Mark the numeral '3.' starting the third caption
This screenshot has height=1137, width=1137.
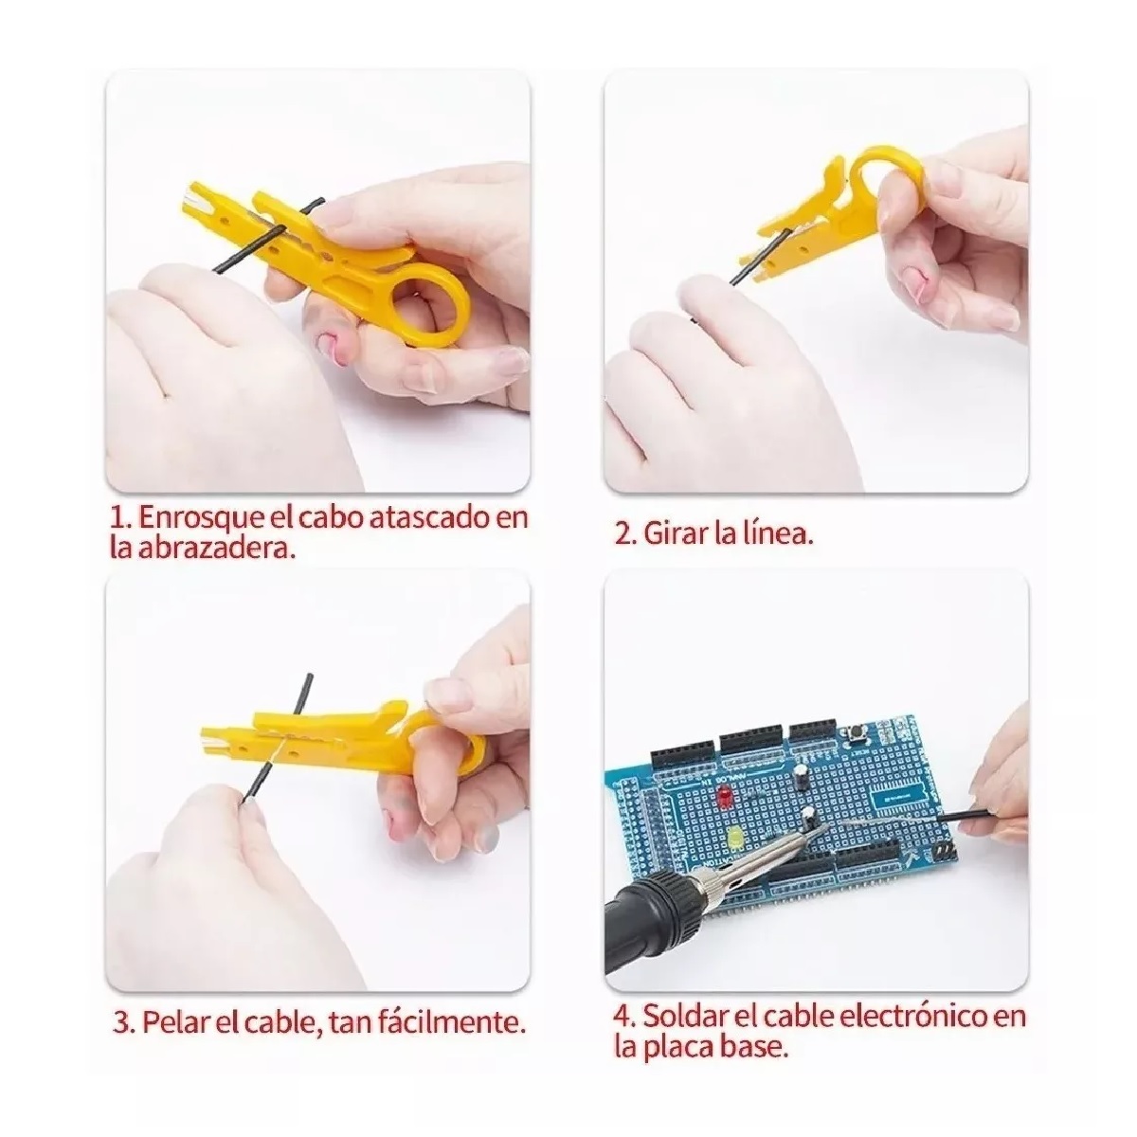pos(123,1022)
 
